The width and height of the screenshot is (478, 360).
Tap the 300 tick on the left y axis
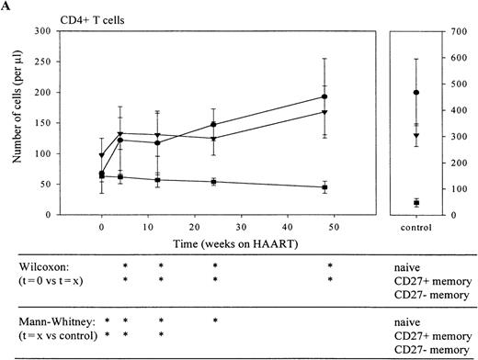(x=42, y=32)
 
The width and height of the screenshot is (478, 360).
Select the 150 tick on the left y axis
(x=42, y=123)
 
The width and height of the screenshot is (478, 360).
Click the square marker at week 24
(x=214, y=182)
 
